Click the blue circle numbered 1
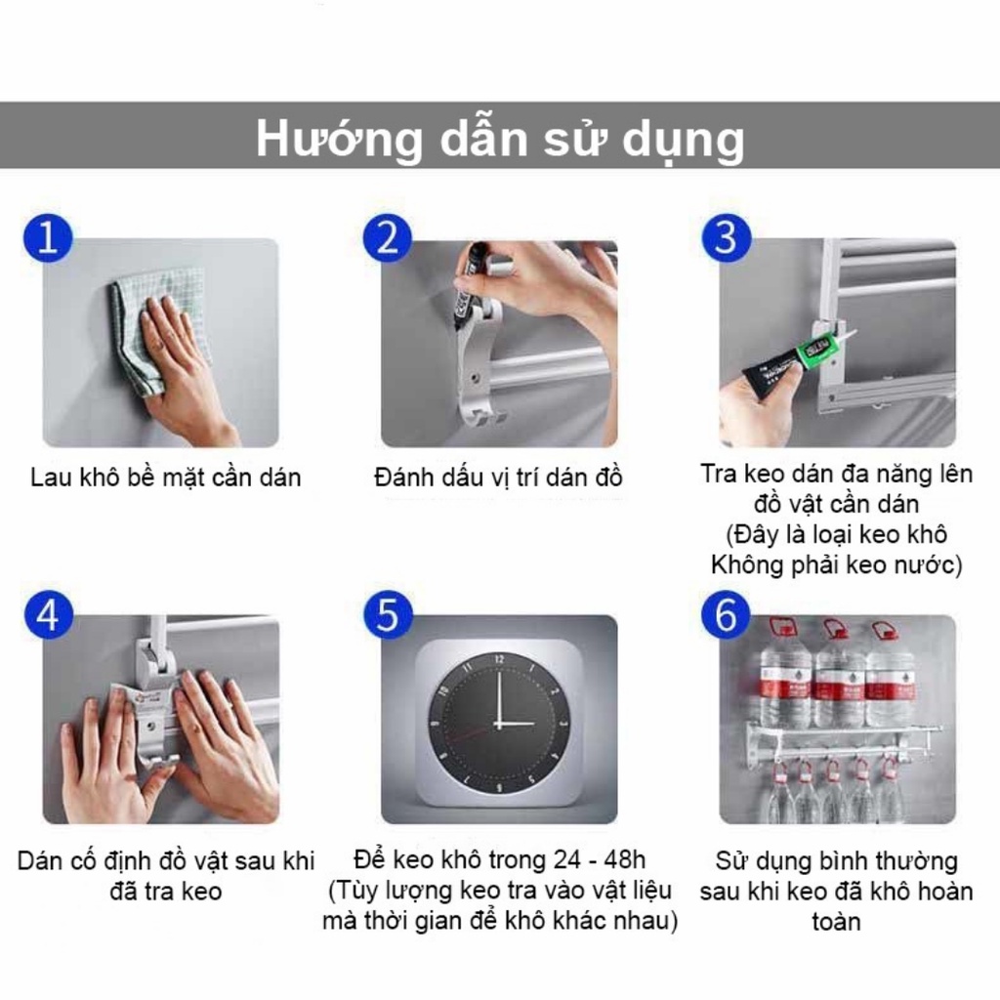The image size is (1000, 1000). (x=48, y=238)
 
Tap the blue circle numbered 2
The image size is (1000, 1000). (x=387, y=238)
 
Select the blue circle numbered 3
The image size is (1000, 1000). (x=726, y=237)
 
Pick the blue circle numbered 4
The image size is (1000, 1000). (x=49, y=615)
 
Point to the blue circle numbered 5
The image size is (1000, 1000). (x=388, y=615)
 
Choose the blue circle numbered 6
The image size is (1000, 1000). (x=726, y=615)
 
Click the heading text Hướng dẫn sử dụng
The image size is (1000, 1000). (x=500, y=139)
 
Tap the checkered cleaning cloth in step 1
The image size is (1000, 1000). (x=156, y=325)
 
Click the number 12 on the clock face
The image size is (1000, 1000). (x=499, y=659)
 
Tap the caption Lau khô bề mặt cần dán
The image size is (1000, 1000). (x=166, y=478)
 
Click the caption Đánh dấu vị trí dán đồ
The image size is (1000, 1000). (x=498, y=478)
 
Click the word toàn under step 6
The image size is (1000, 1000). (x=836, y=922)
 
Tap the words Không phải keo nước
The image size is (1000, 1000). (x=836, y=565)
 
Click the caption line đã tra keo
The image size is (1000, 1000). (x=166, y=891)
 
